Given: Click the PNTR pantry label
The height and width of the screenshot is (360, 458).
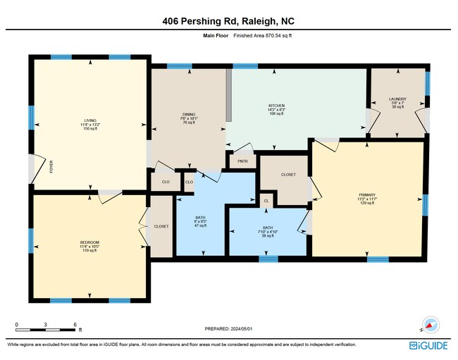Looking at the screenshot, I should (x=243, y=161).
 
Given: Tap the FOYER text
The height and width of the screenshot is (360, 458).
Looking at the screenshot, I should (x=51, y=167).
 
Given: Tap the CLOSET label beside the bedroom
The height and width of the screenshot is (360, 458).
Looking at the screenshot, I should (x=161, y=226).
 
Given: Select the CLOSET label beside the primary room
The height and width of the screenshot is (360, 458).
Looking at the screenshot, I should (x=288, y=174).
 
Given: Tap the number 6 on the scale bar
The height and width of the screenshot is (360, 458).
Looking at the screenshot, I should (x=75, y=324).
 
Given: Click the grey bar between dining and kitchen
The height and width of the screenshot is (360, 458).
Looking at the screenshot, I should (x=228, y=95).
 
